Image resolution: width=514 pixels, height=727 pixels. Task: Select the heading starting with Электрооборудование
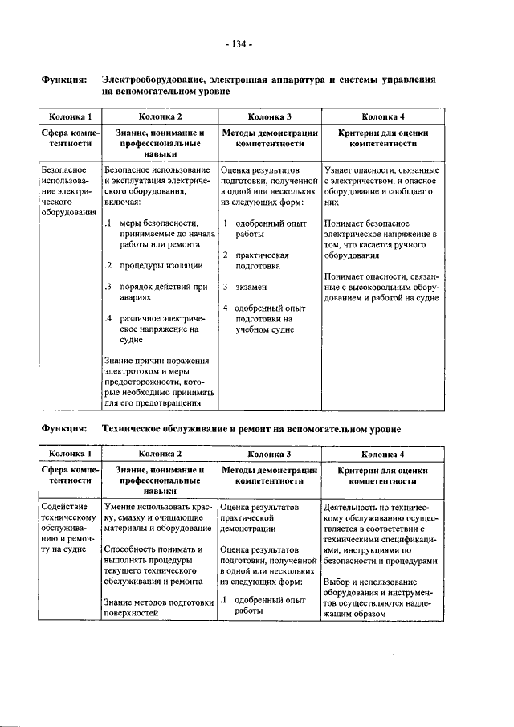tap(268, 86)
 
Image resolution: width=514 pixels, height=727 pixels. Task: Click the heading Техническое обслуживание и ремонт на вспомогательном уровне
tap(251, 428)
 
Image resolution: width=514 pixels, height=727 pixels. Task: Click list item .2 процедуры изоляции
tap(152, 265)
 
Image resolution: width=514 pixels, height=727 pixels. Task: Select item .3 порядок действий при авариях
tap(157, 292)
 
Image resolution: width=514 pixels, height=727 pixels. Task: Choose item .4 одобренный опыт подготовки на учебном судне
tap(265, 318)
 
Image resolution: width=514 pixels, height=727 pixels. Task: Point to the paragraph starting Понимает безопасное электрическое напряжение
tap(381, 239)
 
